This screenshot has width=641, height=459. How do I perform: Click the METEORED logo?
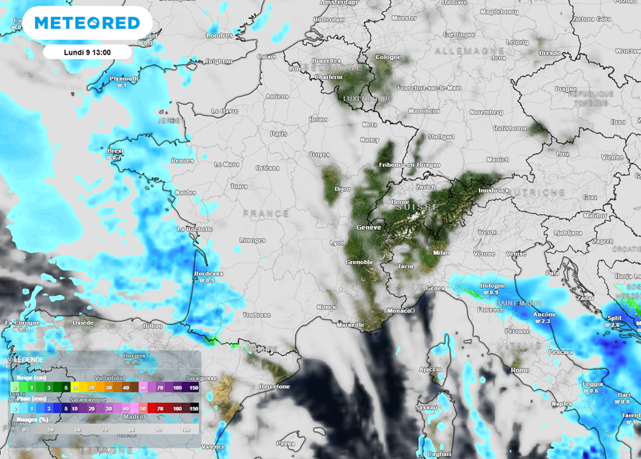coord(87,23)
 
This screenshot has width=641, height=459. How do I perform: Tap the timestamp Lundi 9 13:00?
coord(87,52)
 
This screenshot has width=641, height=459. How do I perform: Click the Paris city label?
coord(278,133)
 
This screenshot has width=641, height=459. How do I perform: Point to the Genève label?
coord(368,227)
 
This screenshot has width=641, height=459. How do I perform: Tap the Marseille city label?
coord(350,325)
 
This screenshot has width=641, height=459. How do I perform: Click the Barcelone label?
coord(275,386)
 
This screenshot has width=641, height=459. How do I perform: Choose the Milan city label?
coord(441,252)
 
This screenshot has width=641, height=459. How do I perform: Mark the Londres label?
coord(219,36)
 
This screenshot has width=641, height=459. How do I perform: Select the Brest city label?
coord(116,152)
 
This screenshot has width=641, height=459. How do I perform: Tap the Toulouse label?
coord(257,314)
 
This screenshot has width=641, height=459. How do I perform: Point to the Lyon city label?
coord(337,242)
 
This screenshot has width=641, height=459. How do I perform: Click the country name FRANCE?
coord(266,214)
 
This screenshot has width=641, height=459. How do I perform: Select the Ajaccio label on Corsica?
coord(430,369)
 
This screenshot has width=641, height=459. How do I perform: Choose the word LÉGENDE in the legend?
coord(29,359)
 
